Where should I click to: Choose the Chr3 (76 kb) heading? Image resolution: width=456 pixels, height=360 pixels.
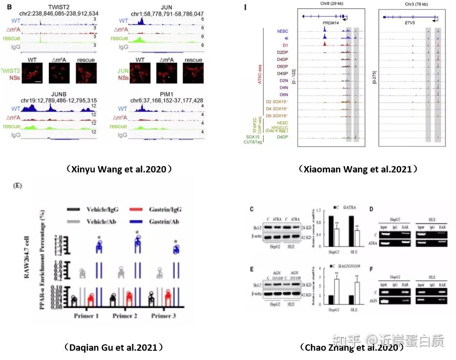415,3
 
